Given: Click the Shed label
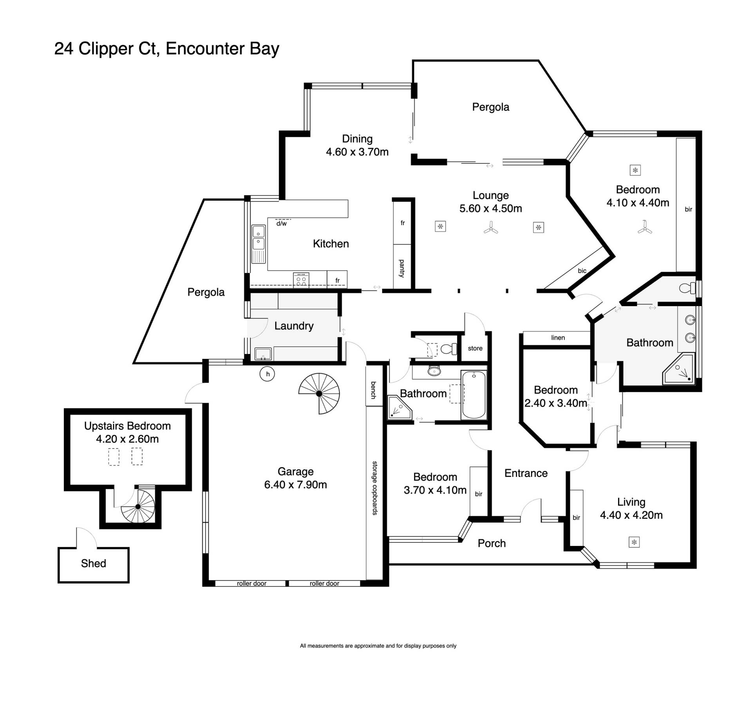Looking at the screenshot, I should point(93,563).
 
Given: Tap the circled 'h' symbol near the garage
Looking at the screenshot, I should point(268,374).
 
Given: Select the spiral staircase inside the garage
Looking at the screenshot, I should point(319,394).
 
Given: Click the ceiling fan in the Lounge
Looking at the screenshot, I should point(491,227).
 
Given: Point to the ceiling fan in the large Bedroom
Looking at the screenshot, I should point(645,227).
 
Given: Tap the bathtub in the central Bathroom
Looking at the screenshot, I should point(474,395).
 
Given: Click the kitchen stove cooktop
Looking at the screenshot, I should point(301,280).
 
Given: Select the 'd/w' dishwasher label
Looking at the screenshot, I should point(281,224).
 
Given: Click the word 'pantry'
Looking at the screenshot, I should point(402,268).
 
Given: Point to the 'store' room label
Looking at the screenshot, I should point(475,348).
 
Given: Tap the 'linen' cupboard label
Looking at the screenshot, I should point(558,337).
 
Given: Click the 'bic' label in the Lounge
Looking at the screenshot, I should point(582,270).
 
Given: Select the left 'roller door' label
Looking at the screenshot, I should point(251,583).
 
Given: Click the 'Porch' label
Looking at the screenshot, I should point(492,543).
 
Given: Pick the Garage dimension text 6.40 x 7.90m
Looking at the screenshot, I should point(295,484).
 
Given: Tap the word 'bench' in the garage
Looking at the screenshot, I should point(374,390).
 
